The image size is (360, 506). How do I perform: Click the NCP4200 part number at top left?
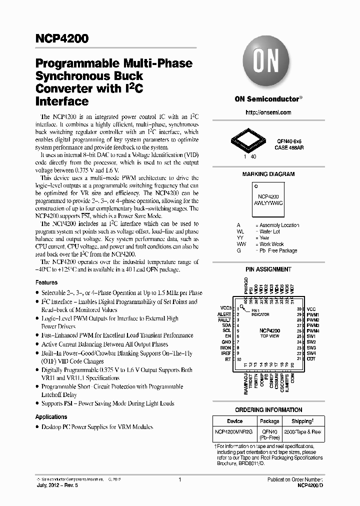[x=61, y=38]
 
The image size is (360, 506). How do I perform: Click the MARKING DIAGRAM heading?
[x=268, y=174]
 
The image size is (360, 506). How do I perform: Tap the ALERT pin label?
[x=224, y=314]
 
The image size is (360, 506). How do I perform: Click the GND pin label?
[x=226, y=342]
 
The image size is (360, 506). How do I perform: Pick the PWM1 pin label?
[x=313, y=314]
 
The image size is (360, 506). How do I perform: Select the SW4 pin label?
[x=311, y=353]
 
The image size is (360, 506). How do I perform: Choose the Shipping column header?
[x=298, y=421]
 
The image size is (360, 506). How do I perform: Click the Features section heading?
[x=46, y=282]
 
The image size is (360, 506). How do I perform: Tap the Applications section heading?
[x=51, y=417]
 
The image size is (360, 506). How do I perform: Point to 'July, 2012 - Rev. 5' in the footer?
[x=57, y=485]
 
